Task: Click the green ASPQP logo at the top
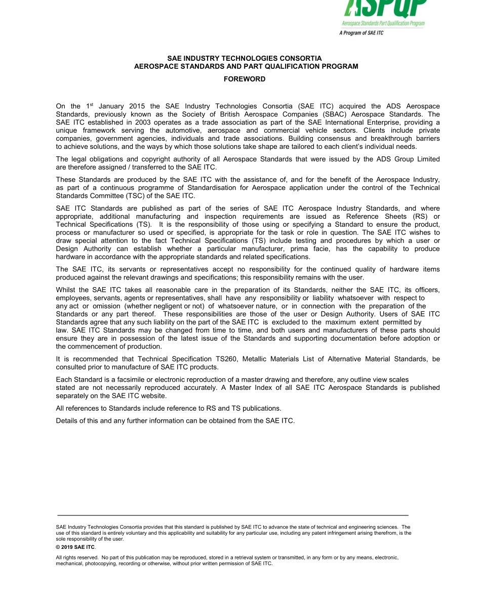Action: [385, 9]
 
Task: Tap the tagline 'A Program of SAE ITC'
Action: [361, 33]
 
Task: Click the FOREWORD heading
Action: [245, 79]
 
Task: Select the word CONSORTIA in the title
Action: [297, 59]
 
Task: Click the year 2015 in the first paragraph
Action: [137, 106]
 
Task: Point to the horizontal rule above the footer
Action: [233, 515]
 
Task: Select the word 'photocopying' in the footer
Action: [92, 564]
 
